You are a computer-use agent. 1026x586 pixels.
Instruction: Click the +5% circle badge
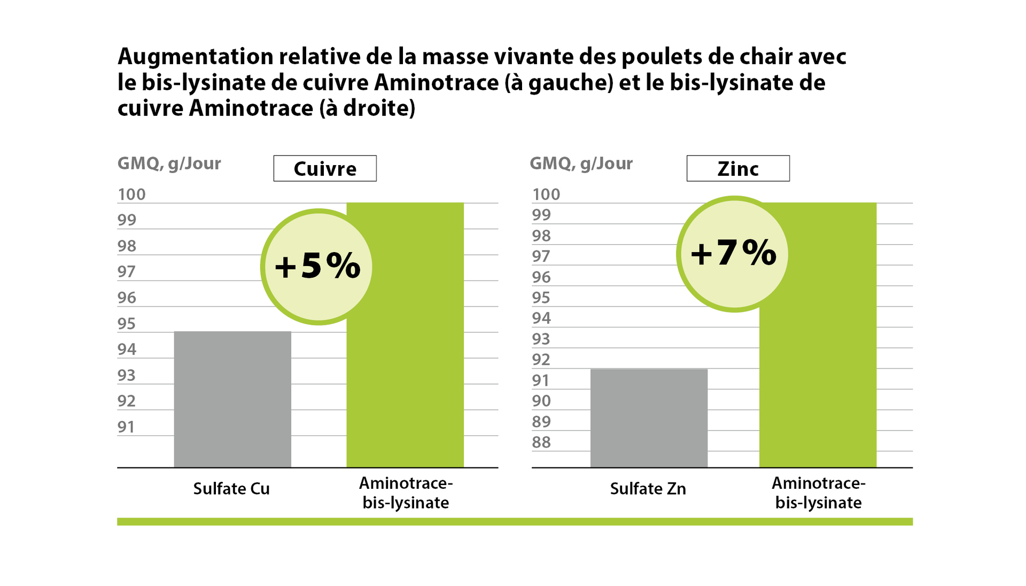pyautogui.click(x=317, y=267)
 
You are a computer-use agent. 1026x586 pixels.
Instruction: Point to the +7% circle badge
pyautogui.click(x=733, y=254)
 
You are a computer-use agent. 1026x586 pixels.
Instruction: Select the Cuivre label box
pyautogui.click(x=325, y=169)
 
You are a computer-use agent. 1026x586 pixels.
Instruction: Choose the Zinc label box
pyautogui.click(x=737, y=169)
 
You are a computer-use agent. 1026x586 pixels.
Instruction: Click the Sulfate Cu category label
pyautogui.click(x=231, y=489)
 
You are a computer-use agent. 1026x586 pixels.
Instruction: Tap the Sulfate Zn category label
pyautogui.click(x=648, y=489)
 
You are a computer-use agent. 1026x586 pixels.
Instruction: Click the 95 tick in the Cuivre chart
pyautogui.click(x=127, y=324)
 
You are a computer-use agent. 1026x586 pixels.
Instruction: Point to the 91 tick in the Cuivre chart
pyautogui.click(x=127, y=427)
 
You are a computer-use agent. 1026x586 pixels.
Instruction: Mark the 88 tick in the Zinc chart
pyautogui.click(x=541, y=442)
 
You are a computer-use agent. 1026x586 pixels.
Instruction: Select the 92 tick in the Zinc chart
pyautogui.click(x=541, y=360)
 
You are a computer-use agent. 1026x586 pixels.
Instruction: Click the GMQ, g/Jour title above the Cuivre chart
pyautogui.click(x=169, y=163)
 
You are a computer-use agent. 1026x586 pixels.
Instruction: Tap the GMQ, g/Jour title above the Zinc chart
pyautogui.click(x=581, y=163)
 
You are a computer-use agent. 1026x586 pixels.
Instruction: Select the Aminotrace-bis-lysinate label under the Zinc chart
pyautogui.click(x=818, y=493)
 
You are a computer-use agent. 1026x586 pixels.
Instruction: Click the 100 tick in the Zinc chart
pyautogui.click(x=546, y=194)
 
